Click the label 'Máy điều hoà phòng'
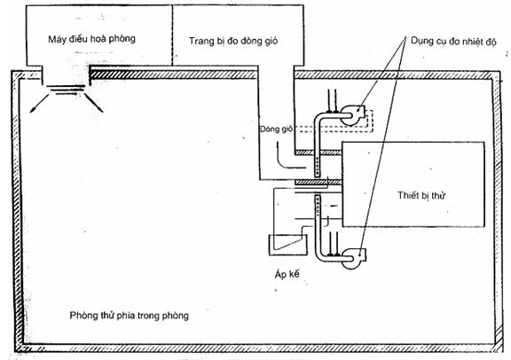coord(91,39)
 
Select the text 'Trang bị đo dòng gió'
coord(233,42)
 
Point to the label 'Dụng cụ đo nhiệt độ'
coord(453,42)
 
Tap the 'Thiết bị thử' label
coord(421,195)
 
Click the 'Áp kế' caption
coord(287,274)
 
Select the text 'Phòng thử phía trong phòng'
coord(129,316)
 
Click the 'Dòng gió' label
coord(276,129)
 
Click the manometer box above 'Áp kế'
coord(287,245)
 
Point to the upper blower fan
coord(352,114)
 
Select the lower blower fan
coord(354,258)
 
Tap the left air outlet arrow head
coord(32,111)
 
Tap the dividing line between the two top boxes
coord(172,35)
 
